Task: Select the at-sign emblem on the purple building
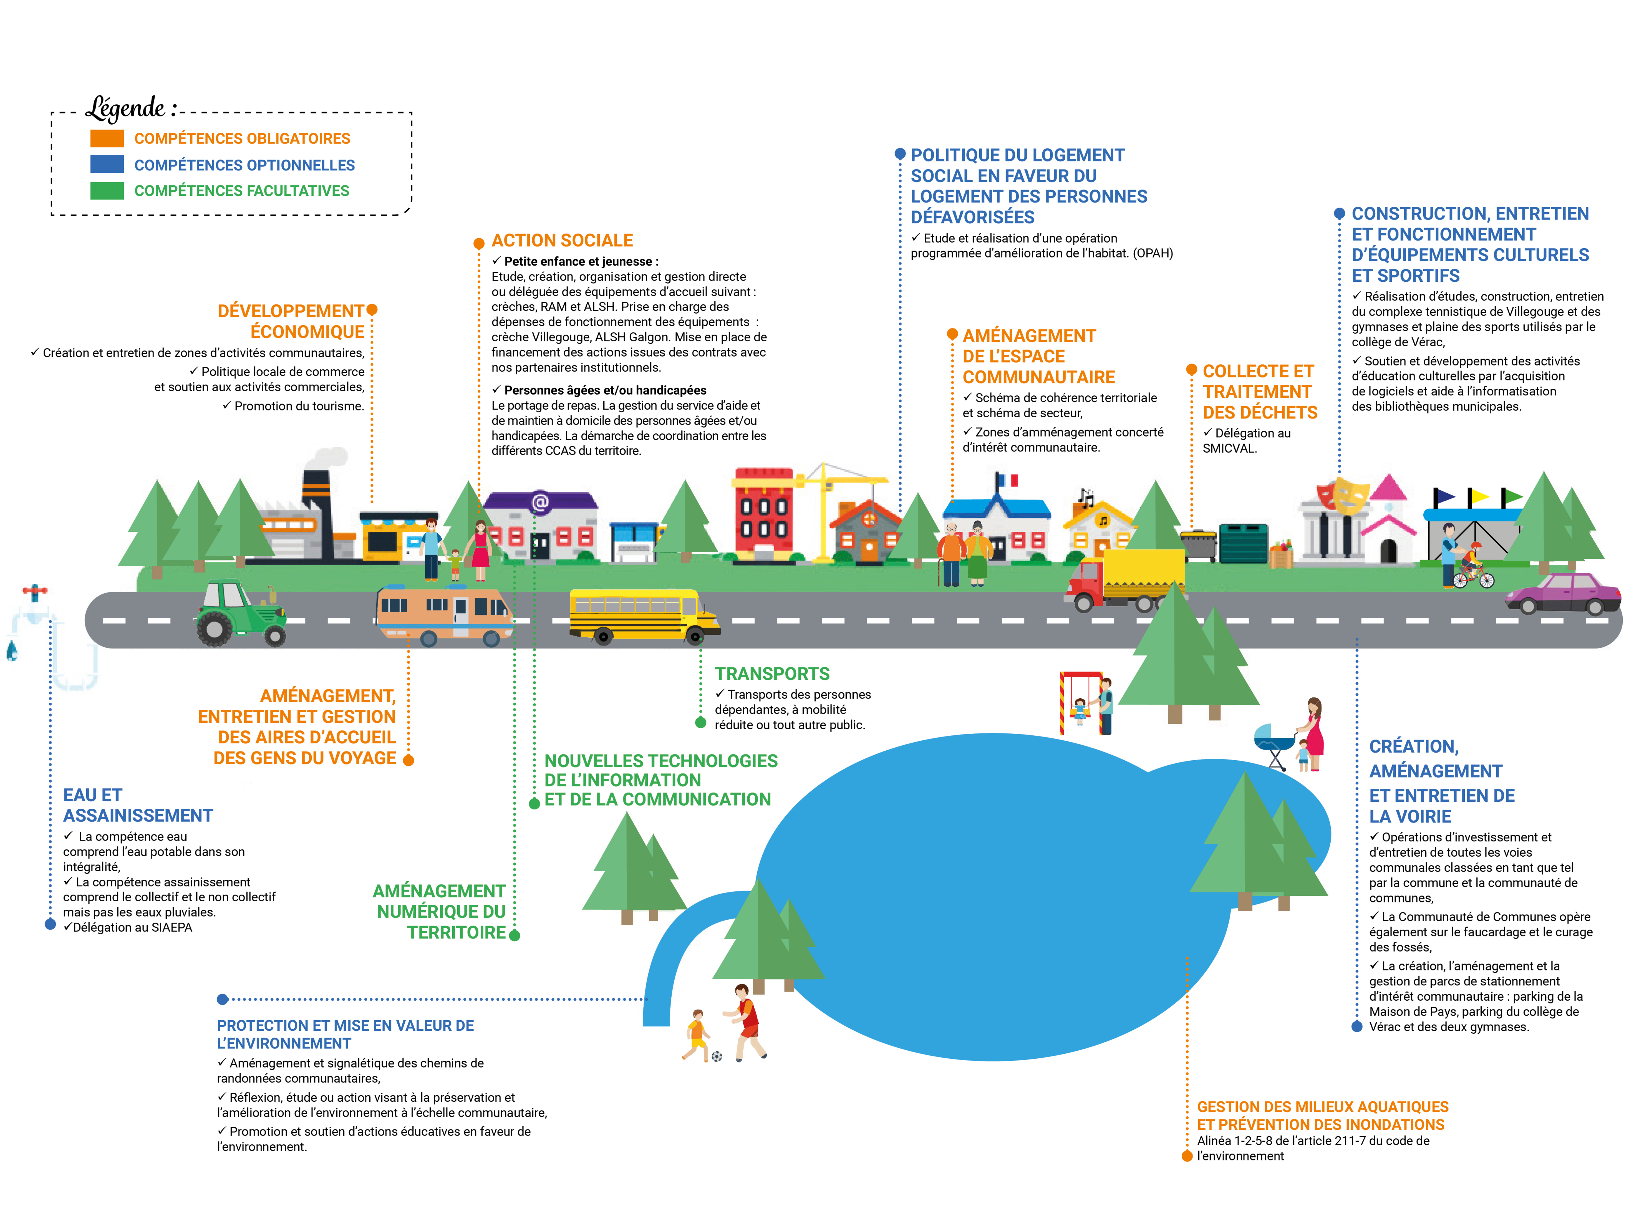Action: coord(540,503)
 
